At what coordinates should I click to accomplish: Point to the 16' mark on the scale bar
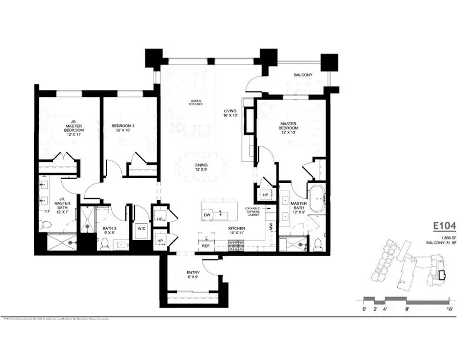(450, 308)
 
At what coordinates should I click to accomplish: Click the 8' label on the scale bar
(407, 308)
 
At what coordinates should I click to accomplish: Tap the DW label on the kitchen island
(207, 215)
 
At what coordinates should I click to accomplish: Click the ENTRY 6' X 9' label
(193, 275)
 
